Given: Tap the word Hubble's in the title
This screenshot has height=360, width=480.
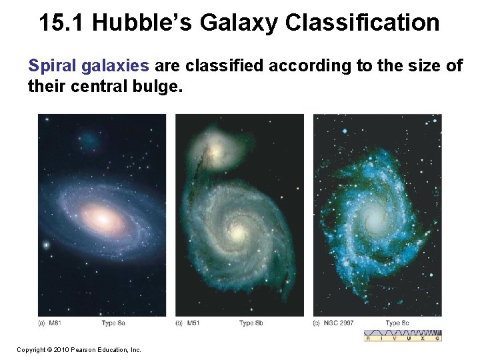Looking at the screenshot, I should click(x=141, y=23).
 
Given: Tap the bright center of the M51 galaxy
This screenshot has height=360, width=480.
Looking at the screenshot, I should click(x=237, y=232).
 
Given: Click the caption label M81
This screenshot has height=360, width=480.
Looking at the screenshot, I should click(x=55, y=323).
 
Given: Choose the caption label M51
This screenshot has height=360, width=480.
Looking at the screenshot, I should click(x=192, y=323).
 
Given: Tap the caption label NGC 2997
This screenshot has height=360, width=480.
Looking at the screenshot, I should click(x=337, y=323).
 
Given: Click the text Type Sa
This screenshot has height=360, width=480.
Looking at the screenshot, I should click(x=113, y=323).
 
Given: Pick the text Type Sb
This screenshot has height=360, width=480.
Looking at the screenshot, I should click(x=251, y=323).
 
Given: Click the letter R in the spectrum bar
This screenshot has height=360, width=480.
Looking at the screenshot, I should click(x=367, y=338).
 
